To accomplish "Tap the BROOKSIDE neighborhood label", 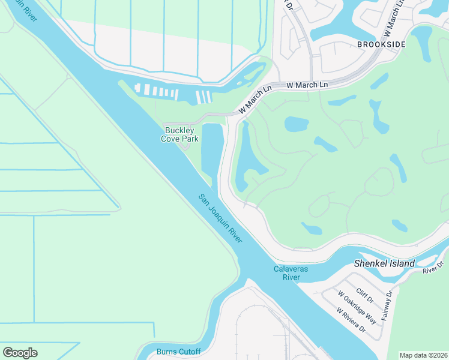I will pyautogui.click(x=381, y=44).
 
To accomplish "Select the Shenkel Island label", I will pyautogui.click(x=384, y=263).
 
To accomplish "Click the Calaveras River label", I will pyautogui.click(x=291, y=273).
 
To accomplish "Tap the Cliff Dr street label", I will pyautogui.click(x=365, y=295).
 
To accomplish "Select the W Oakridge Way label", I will pyautogui.click(x=358, y=307).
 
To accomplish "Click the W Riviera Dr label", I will pyautogui.click(x=351, y=321).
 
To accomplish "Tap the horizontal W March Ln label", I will pyautogui.click(x=307, y=86).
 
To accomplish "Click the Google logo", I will pyautogui.click(x=20, y=353).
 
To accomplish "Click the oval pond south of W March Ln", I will pyautogui.click(x=296, y=124).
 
